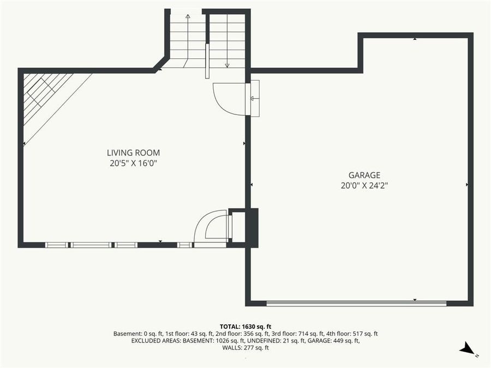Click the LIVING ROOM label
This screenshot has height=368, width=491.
tap(133, 153)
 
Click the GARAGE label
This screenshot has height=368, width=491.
tap(364, 175)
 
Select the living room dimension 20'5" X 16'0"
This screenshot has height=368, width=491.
tap(133, 163)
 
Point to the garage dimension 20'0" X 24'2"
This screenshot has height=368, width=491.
tap(364, 185)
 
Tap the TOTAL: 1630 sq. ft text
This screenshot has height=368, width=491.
tap(245, 326)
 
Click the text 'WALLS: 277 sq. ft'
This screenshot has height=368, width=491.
tap(245, 348)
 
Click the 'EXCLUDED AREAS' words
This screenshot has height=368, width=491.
tap(155, 341)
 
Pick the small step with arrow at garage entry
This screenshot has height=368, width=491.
tap(254, 98)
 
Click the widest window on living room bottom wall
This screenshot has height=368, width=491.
tap(91, 245)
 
